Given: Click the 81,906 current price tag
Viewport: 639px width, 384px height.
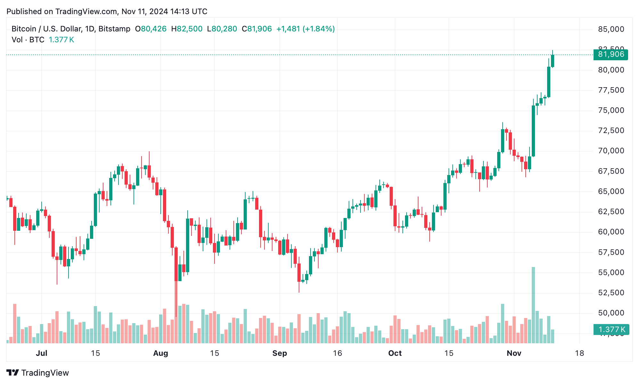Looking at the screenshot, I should point(611,54).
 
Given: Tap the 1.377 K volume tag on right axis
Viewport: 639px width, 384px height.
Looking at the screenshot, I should point(611,330).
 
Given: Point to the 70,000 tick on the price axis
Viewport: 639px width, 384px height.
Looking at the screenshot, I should point(611,151).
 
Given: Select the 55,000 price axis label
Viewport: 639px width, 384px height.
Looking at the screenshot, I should point(611,272).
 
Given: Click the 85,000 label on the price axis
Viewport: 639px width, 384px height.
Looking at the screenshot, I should point(611,29).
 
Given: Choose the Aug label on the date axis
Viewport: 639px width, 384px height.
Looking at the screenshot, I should point(160,353).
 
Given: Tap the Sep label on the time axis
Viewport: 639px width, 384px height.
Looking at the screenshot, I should point(279,353).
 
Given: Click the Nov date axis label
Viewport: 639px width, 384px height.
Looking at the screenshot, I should point(514,353).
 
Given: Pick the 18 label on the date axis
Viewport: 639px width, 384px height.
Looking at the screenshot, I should point(579,353).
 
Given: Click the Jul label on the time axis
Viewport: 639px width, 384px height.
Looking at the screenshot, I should point(41,353).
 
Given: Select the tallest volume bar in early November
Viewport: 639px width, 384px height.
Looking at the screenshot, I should point(533,305).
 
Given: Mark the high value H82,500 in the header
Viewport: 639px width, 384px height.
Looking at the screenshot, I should point(187,29).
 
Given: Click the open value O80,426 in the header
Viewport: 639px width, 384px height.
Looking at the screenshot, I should point(150,29).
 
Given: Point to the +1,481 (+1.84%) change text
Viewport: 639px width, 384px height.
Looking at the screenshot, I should point(305,29).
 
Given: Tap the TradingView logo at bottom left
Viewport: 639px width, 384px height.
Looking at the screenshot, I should point(38,373).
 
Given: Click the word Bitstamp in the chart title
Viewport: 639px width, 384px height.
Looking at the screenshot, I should point(114,29).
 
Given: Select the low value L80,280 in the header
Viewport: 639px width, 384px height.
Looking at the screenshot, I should point(222,29).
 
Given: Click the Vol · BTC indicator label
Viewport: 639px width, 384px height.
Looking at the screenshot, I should point(28,40).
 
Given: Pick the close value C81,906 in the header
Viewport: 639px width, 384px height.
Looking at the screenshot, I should point(257,29).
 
